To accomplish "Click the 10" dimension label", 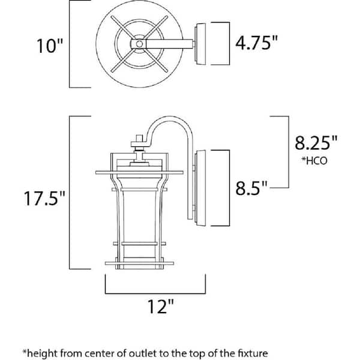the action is click(x=50, y=46).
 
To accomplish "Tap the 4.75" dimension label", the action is click(x=256, y=43).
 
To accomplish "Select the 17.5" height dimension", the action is click(x=44, y=198).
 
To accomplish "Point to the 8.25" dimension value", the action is click(x=316, y=142).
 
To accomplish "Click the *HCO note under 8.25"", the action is click(x=314, y=161).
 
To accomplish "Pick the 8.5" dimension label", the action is click(x=251, y=188).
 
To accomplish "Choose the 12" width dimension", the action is click(x=160, y=306).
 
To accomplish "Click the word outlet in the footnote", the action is click(x=143, y=353).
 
